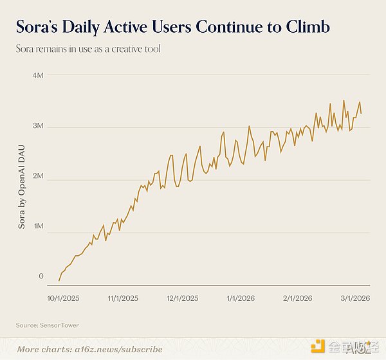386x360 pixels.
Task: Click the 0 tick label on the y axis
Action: [41, 276]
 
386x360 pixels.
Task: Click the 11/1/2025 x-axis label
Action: [122, 298]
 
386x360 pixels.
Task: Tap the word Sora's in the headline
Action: [41, 27]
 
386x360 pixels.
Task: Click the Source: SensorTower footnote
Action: [48, 325]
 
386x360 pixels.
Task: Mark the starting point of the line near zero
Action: [59, 280]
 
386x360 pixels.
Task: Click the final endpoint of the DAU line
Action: [361, 114]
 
